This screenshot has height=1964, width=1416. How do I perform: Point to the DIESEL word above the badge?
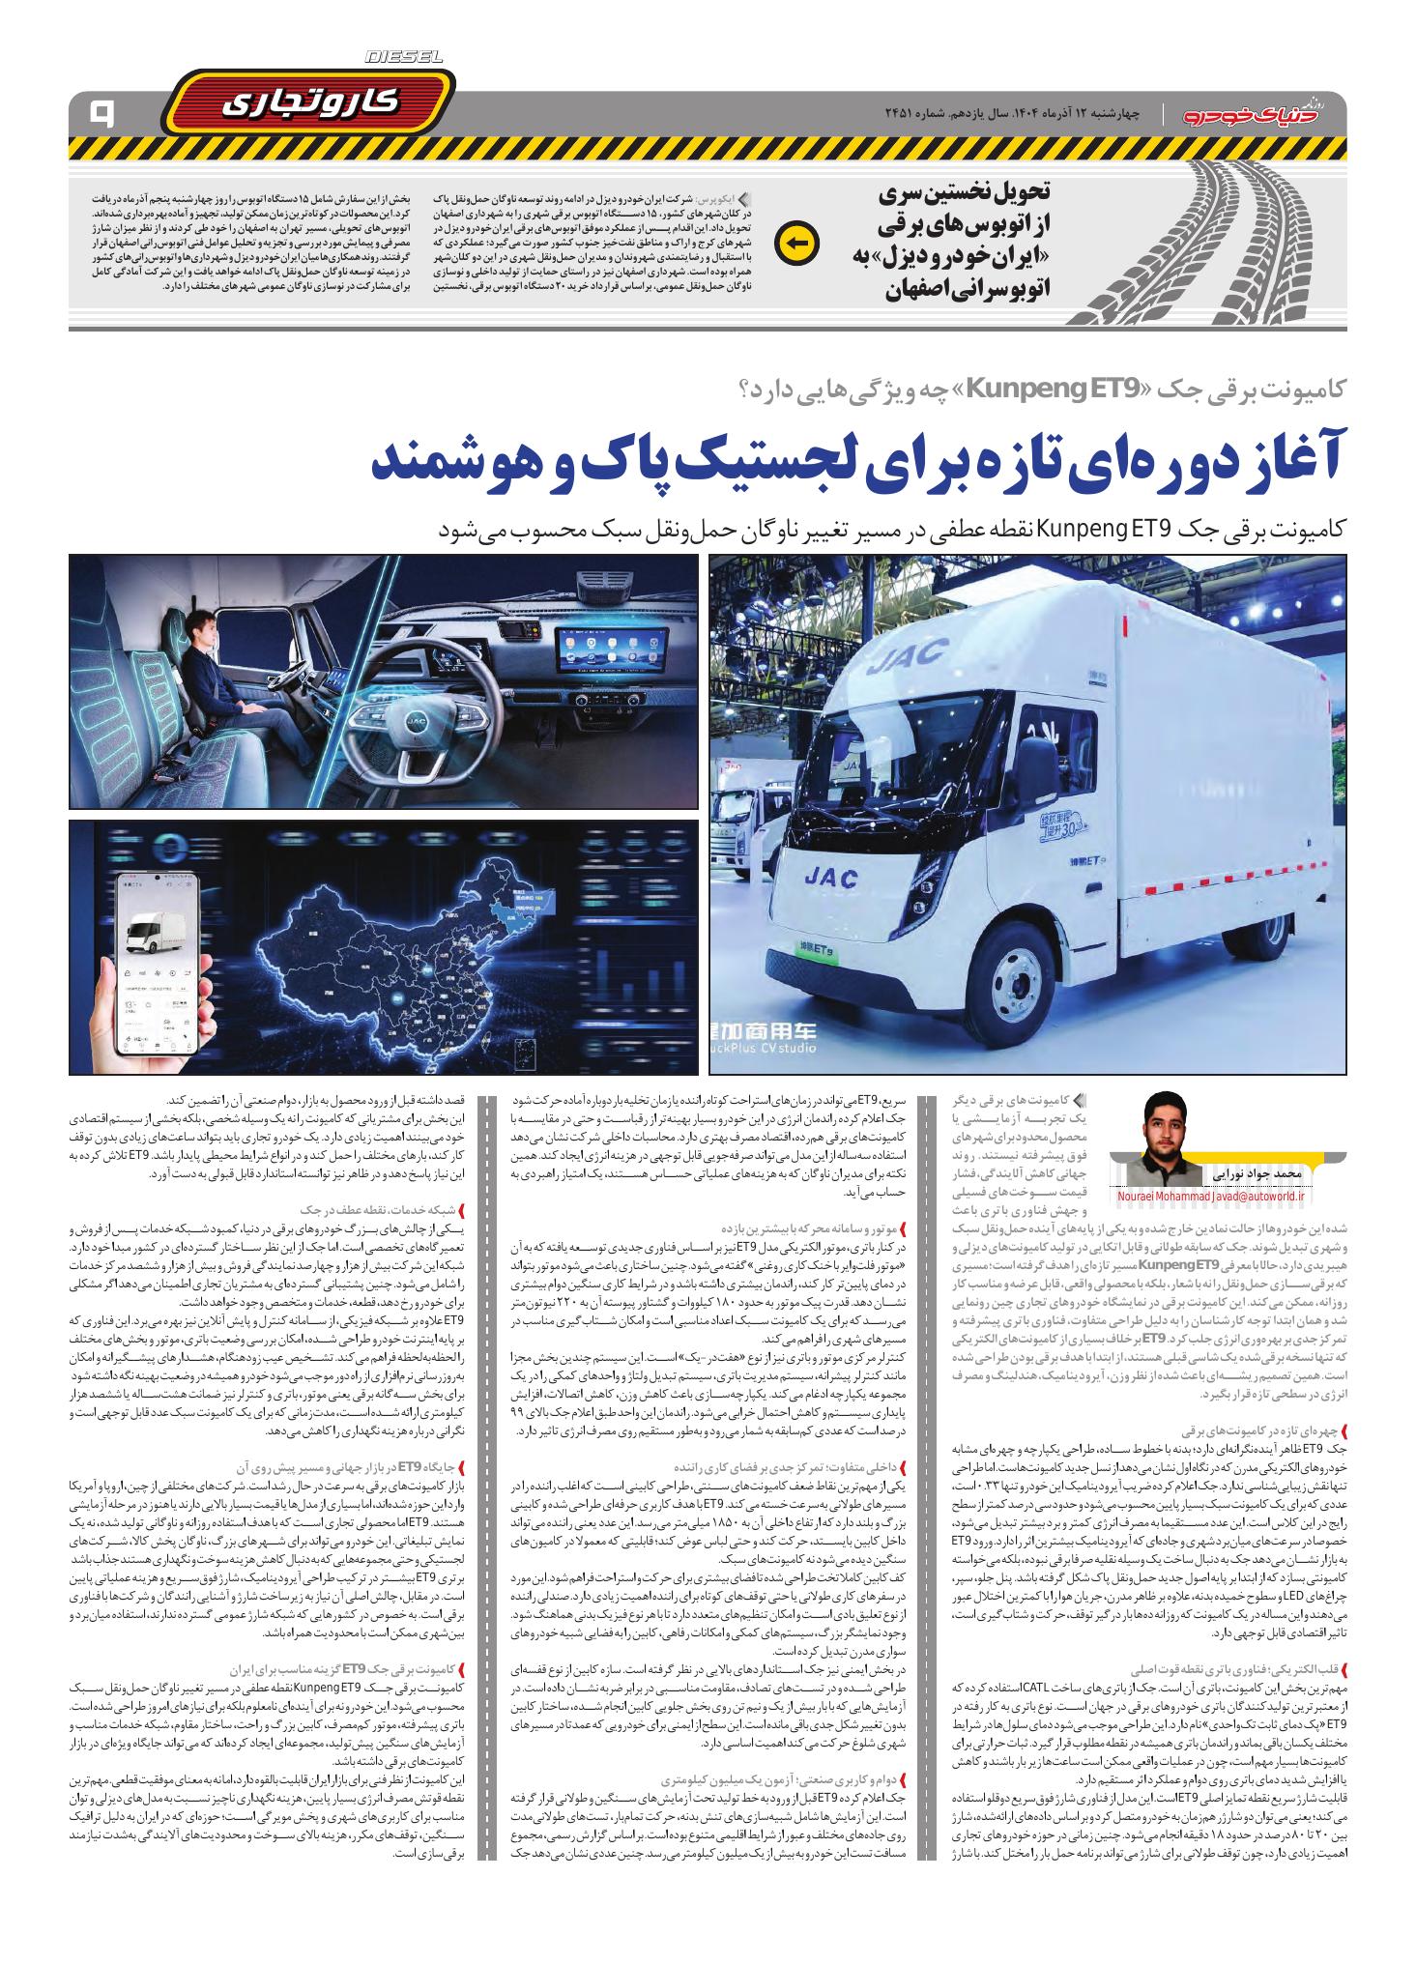coord(404,59)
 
